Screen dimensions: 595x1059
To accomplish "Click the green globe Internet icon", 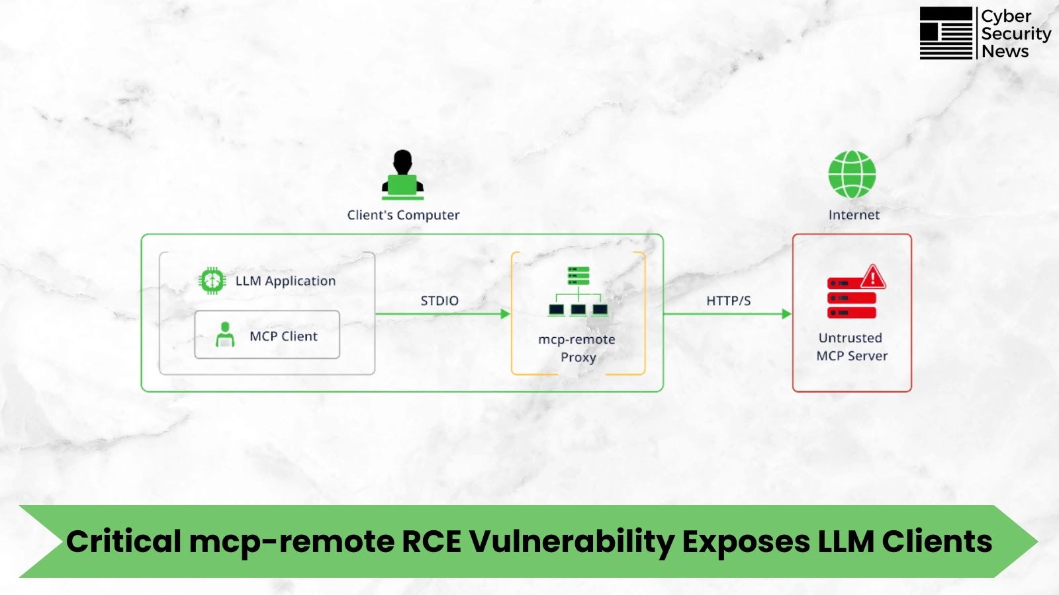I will [x=852, y=175].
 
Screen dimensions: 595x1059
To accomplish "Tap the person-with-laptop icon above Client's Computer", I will [x=402, y=175].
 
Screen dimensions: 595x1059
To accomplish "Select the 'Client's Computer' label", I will [x=403, y=215].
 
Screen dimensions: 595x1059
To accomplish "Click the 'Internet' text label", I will [x=854, y=215].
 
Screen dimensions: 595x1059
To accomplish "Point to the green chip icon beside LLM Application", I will [x=212, y=281].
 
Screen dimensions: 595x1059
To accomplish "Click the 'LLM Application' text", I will [x=285, y=281].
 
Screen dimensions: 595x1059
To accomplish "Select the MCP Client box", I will [x=267, y=335].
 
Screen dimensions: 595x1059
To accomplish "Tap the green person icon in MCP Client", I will [x=225, y=335].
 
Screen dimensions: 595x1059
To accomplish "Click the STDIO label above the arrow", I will [x=439, y=301].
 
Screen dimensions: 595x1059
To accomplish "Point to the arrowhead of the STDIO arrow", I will [x=506, y=314].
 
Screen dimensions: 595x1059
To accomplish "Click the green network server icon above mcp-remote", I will [x=578, y=291].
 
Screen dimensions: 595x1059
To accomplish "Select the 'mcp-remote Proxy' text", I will [x=577, y=348].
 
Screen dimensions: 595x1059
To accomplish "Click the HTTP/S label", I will [x=728, y=301].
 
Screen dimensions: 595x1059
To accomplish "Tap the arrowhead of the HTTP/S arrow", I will [x=787, y=314].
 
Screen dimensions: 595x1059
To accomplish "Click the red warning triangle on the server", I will [x=873, y=276].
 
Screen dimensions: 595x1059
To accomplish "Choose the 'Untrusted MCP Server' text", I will [x=851, y=346].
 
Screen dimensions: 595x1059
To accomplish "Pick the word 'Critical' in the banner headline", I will [x=124, y=541].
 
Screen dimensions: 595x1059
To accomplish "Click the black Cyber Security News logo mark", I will [x=946, y=33].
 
